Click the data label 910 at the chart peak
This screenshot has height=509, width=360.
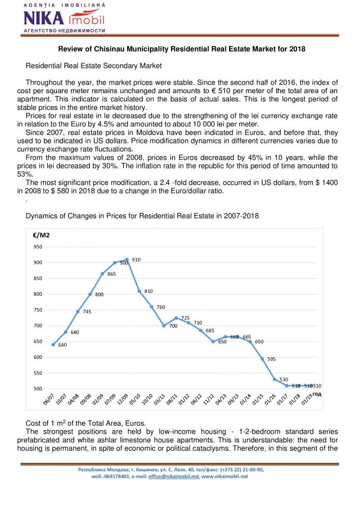pos(136,260)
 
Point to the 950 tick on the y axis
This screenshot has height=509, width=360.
pos(38,247)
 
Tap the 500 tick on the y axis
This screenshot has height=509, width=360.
pos(38,388)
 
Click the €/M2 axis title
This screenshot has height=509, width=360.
pos(41,235)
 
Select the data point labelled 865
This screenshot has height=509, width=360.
pos(102,274)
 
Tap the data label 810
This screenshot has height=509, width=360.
pos(148,291)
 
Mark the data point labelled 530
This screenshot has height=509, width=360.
pos(274,379)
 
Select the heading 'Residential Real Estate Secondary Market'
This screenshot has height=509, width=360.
pos(93,66)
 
